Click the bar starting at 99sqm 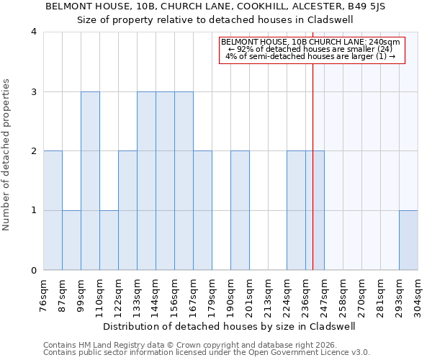[90, 181]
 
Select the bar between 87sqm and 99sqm [71, 240]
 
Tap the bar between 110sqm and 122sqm [109, 240]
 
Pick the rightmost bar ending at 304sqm [408, 240]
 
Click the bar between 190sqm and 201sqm [240, 210]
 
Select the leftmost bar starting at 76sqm [53, 210]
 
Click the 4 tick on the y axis [34, 32]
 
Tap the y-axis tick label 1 [34, 211]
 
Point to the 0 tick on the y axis [34, 271]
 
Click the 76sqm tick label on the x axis [44, 294]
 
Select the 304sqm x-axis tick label [418, 294]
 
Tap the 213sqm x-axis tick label [269, 294]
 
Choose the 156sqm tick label [175, 294]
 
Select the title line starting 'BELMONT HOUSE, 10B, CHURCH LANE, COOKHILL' [215, 6]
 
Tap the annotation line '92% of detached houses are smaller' [312, 49]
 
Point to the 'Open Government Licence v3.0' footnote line [207, 353]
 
